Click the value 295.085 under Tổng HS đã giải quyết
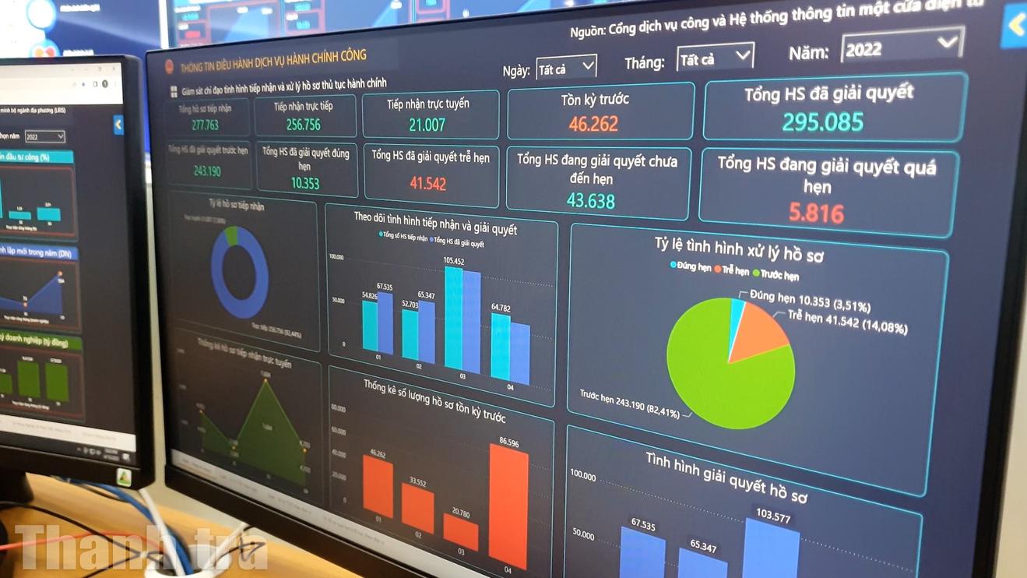(823, 122)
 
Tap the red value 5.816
(815, 213)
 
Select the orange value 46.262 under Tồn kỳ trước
(593, 124)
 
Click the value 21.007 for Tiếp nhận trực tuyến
(427, 125)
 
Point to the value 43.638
(590, 201)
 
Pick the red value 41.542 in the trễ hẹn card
(427, 184)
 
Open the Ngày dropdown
(567, 69)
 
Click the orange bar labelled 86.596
(509, 506)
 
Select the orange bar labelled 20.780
(461, 533)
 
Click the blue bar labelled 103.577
(771, 549)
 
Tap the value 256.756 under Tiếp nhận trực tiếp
(304, 125)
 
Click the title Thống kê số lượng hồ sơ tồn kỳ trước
(434, 398)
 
